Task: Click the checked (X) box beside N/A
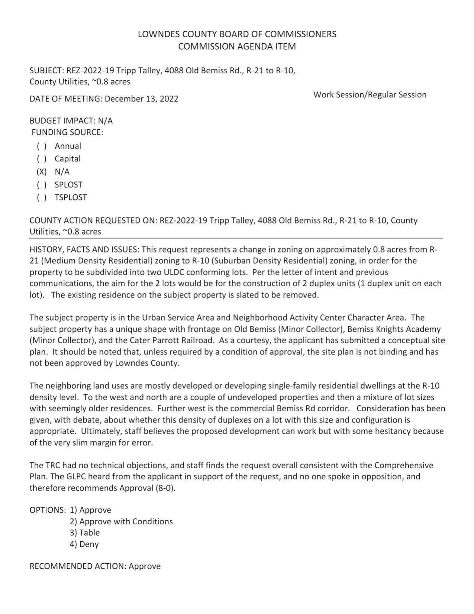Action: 42,172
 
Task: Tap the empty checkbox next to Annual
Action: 42,146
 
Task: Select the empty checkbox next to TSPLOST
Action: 42,197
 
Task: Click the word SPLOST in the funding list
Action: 68,185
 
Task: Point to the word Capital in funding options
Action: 67,159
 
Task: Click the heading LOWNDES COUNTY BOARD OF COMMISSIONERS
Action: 237,34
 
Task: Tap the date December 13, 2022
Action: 141,99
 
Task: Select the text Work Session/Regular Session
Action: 370,95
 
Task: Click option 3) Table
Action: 85,533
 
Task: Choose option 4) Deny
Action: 84,544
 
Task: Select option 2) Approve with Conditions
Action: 121,522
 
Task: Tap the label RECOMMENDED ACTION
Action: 78,566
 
